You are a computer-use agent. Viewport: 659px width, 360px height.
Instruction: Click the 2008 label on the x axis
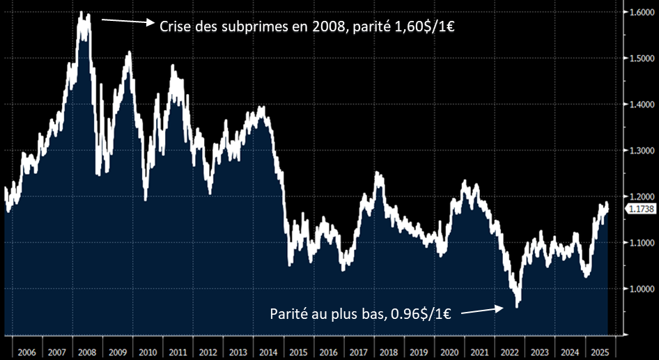pos(86,352)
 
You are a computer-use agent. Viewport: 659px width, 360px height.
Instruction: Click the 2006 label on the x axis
pos(26,352)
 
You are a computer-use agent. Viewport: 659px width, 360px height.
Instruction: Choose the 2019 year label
pos(418,352)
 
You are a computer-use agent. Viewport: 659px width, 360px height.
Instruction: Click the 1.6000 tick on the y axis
pos(639,13)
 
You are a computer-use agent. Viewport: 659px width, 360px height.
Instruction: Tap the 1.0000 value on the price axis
pos(639,288)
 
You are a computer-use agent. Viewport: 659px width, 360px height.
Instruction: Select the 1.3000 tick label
pos(639,151)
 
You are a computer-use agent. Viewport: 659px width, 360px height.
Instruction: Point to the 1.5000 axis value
pos(639,59)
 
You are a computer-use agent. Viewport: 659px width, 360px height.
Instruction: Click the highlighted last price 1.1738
pos(639,208)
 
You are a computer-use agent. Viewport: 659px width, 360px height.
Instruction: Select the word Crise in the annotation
pos(176,27)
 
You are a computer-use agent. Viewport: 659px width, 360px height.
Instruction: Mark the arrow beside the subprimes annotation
pos(128,22)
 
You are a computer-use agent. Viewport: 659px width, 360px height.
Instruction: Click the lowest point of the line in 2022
pos(517,305)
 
